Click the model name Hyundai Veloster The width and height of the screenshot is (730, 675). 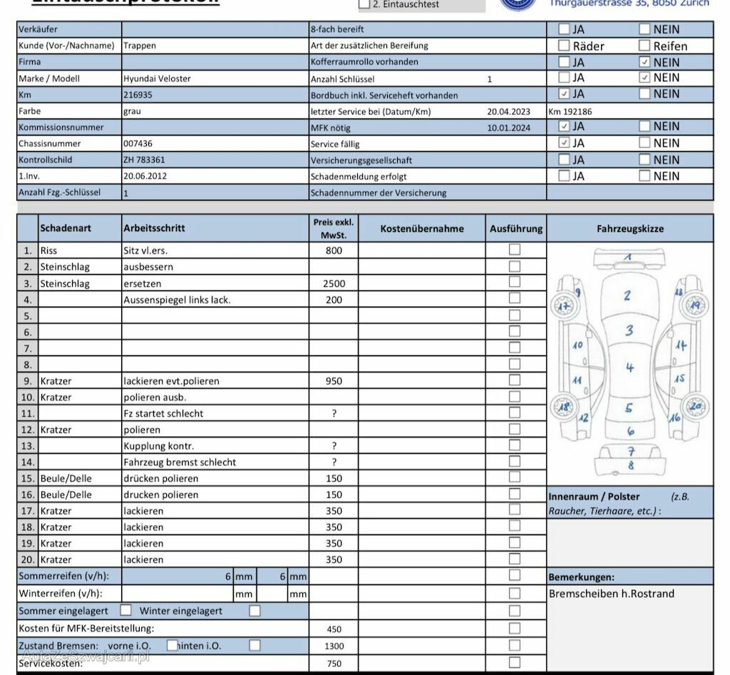157,78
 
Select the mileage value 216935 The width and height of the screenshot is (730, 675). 138,94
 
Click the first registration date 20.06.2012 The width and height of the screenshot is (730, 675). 145,176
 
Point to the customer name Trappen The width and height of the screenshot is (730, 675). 140,46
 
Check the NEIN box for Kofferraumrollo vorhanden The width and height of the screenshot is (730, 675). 644,62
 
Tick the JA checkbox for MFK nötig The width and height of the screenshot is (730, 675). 564,126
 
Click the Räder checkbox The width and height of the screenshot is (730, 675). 564,46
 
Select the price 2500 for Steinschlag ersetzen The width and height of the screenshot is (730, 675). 334,283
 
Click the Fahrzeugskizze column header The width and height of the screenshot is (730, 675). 629,229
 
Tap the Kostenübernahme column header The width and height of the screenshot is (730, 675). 422,229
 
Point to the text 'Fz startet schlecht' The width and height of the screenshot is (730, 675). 163,413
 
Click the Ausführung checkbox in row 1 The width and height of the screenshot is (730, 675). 514,250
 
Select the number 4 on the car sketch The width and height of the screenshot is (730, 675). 629,368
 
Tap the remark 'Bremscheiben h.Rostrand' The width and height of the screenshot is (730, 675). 611,594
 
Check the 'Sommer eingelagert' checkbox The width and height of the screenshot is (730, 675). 126,611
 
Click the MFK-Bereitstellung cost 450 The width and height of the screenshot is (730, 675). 334,629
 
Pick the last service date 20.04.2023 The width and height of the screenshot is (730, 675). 509,111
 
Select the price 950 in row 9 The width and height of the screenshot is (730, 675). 334,381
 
